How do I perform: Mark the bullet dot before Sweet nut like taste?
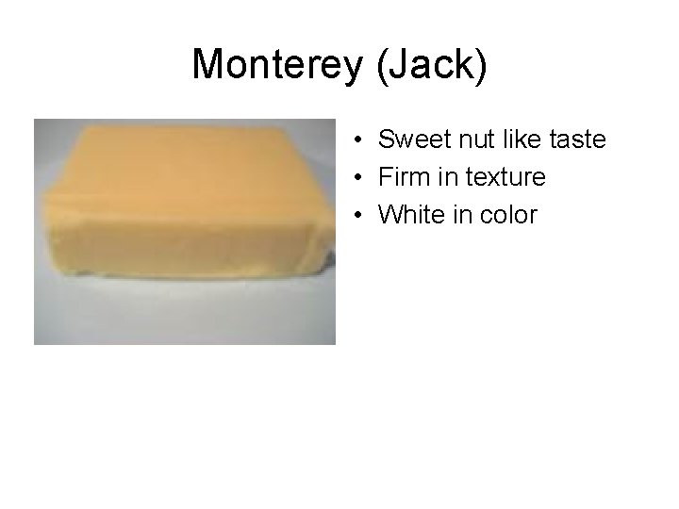coord(361,140)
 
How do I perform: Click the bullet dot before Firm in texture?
coord(361,178)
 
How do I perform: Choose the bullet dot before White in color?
coord(361,216)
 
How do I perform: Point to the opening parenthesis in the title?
coord(376,64)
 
